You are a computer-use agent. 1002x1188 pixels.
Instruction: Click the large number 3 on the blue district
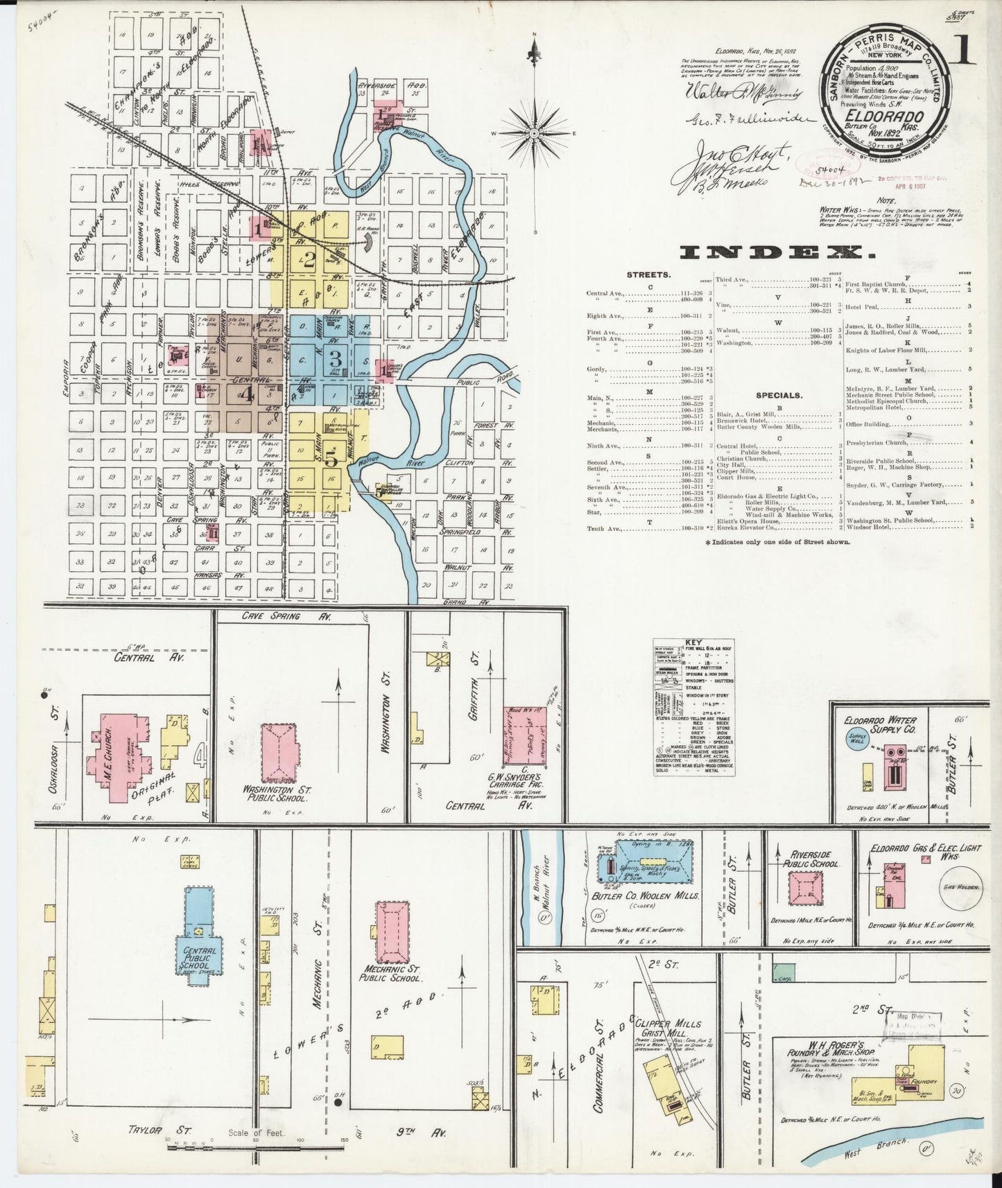[336, 360]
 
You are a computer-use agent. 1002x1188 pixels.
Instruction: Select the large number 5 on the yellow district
[331, 458]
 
